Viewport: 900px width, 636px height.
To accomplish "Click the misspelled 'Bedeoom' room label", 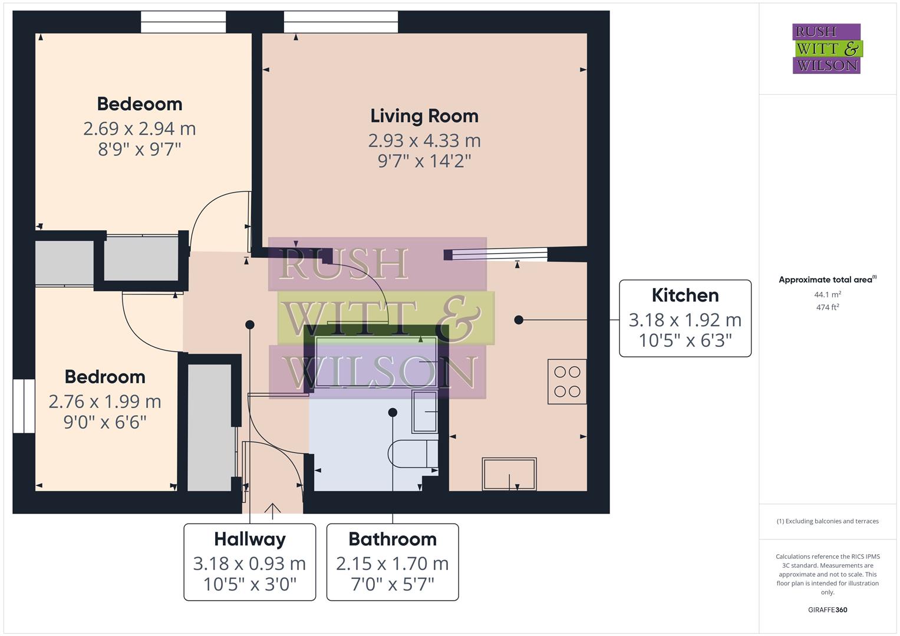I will [x=140, y=104].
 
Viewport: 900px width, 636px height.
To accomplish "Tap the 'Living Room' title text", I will [x=424, y=116].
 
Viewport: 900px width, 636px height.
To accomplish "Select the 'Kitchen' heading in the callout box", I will [x=685, y=295].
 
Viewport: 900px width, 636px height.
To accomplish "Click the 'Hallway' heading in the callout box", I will [x=249, y=539].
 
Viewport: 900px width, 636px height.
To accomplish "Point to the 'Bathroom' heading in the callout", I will [x=393, y=539].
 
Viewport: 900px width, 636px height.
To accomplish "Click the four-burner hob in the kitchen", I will [x=567, y=382].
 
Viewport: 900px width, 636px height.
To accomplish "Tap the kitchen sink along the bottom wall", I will [x=509, y=473].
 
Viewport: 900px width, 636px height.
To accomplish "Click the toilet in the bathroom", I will [x=412, y=453].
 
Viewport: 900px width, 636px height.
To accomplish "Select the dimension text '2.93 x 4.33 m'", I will [x=424, y=141].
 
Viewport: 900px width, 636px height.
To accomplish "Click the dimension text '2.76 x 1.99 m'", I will [x=105, y=402].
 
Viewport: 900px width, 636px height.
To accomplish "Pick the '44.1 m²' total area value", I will [x=828, y=294].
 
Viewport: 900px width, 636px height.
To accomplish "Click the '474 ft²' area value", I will [x=828, y=307].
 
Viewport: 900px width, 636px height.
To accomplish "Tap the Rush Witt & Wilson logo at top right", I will [x=826, y=49].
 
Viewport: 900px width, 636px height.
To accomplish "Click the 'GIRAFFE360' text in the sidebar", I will [x=828, y=609].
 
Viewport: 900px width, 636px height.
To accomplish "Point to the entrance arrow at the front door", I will [x=272, y=510].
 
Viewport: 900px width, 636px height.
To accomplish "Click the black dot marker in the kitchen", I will [x=519, y=320].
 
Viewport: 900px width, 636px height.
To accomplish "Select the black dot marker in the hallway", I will [x=250, y=324].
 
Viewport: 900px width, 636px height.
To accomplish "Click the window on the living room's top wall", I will [x=341, y=22].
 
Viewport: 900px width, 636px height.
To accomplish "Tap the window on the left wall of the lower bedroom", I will [x=24, y=406].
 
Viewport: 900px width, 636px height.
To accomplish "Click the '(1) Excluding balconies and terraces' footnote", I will [x=828, y=521].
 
